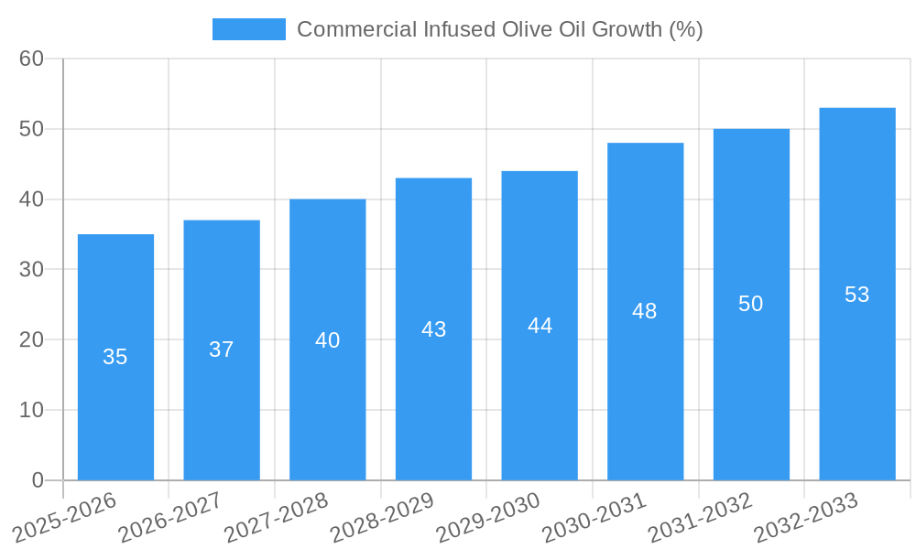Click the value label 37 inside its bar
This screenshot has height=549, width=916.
(222, 350)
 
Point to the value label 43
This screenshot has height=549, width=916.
(433, 329)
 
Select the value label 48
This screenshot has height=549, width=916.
(645, 311)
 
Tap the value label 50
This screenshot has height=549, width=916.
(751, 304)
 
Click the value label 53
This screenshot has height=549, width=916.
(856, 295)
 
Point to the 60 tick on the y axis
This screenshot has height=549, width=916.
(31, 59)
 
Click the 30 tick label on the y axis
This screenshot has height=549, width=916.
(31, 269)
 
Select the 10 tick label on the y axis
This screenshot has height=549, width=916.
(31, 410)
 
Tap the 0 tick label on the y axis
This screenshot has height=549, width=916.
(38, 480)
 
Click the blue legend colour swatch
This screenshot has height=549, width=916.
(248, 29)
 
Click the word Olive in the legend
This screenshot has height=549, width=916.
(526, 29)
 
